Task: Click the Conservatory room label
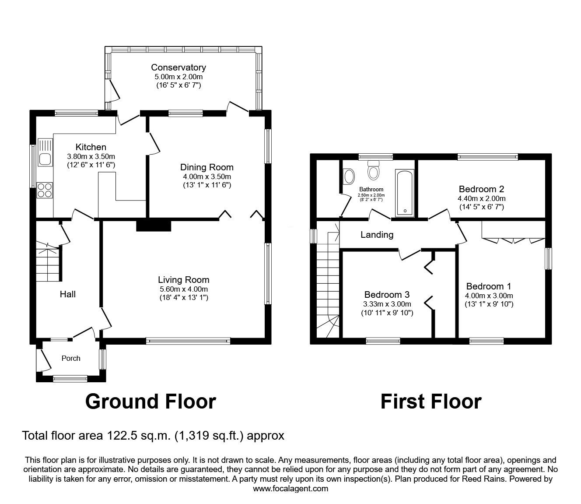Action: (x=178, y=67)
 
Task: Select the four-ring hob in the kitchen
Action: (x=44, y=190)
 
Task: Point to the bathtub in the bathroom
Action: (x=405, y=193)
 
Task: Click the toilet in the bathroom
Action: (x=373, y=170)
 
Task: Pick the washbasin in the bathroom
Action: (x=349, y=176)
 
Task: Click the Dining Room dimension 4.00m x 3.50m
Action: (x=207, y=176)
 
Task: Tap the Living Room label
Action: (x=184, y=279)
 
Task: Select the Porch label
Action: (x=71, y=358)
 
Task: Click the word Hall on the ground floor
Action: (x=67, y=294)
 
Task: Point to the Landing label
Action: (x=377, y=235)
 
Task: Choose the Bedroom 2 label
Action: (x=481, y=189)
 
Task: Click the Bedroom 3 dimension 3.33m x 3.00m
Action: (x=387, y=304)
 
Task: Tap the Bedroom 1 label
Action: (x=489, y=286)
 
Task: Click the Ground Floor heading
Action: (x=150, y=401)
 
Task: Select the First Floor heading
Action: (x=430, y=401)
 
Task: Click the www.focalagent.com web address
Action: (x=290, y=488)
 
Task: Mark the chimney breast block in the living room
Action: (x=153, y=225)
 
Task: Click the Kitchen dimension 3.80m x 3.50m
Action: (x=91, y=156)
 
